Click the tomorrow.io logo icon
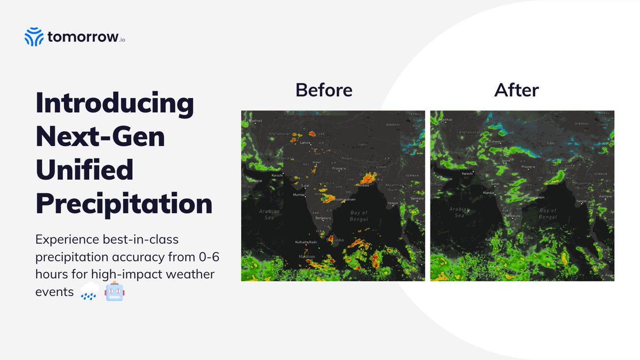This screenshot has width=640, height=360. [x=34, y=37]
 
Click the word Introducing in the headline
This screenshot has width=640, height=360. [x=115, y=103]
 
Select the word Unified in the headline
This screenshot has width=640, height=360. [x=84, y=170]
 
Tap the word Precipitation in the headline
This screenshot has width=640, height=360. [x=124, y=204]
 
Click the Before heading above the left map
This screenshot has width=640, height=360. [x=324, y=90]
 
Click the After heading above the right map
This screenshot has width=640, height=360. [x=516, y=90]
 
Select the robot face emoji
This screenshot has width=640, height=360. [x=115, y=292]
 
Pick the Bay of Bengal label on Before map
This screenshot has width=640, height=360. [x=359, y=216]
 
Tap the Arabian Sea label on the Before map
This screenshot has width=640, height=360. [x=269, y=214]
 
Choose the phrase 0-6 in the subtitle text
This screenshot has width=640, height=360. [x=207, y=257]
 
